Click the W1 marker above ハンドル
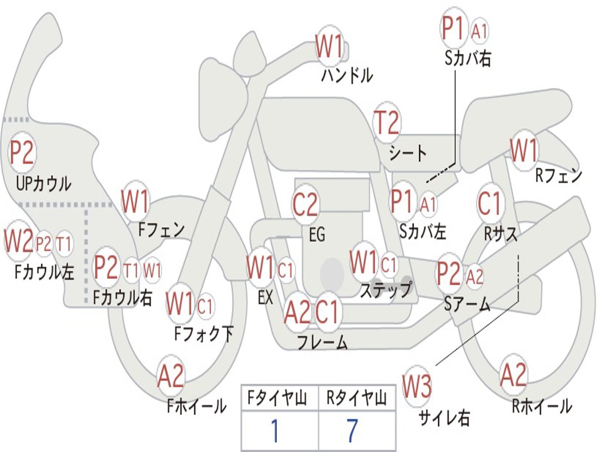pos(329,46)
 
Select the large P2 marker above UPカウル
pos(22,152)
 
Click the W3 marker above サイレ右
pos(417,386)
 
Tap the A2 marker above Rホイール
pos(513,375)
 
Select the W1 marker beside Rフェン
pos(523,151)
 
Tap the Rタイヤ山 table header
pos(356,399)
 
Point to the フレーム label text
pos(322,342)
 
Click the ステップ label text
pos(386,290)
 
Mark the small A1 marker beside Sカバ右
pos(480,31)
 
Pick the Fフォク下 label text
pos(203,334)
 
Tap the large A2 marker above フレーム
pos(297,312)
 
